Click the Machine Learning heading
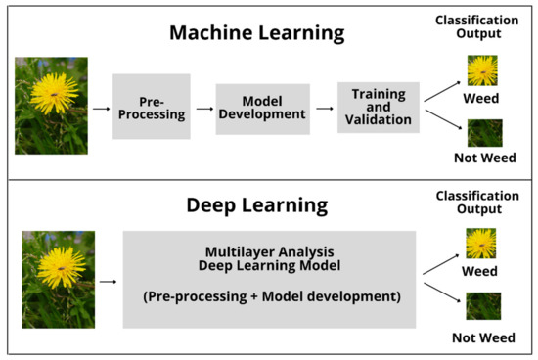coord(257,32)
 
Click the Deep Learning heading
coord(257,207)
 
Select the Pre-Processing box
coord(151,106)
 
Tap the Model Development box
coord(261,107)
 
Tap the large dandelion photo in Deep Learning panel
coord(58,279)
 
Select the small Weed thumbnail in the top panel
coord(481,70)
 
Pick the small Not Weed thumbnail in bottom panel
coord(481,306)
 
